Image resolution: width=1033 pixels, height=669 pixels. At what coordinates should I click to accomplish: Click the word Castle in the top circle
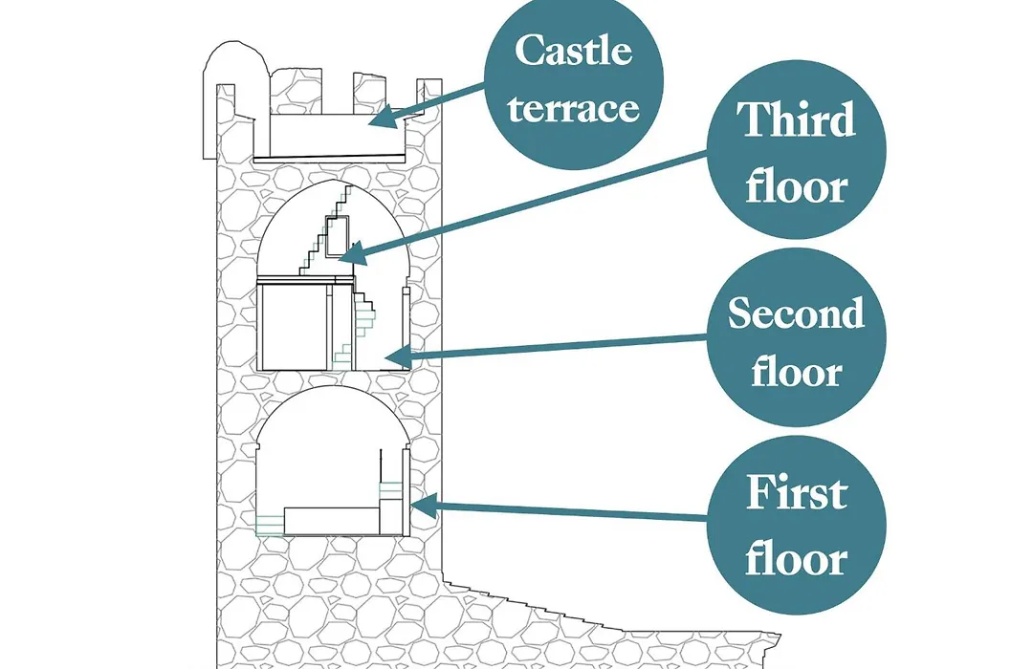pyautogui.click(x=573, y=50)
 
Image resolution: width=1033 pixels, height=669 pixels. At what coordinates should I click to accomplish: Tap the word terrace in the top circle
pyautogui.click(x=573, y=108)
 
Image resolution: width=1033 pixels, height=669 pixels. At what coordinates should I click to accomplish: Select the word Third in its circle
pyautogui.click(x=796, y=119)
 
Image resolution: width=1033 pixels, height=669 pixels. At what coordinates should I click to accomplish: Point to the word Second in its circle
pyautogui.click(x=796, y=313)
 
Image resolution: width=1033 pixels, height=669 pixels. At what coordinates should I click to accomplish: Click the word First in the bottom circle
pyautogui.click(x=796, y=492)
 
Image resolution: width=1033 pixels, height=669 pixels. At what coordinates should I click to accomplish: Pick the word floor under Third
pyautogui.click(x=796, y=186)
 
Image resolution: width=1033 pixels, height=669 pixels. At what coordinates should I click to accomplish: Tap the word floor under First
pyautogui.click(x=796, y=558)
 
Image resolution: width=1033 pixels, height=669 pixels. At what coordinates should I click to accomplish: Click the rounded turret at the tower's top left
pyautogui.click(x=235, y=98)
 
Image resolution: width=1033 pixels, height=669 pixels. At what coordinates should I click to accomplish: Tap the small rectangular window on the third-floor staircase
pyautogui.click(x=336, y=236)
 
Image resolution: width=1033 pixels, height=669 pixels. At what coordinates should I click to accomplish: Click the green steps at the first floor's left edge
pyautogui.click(x=269, y=525)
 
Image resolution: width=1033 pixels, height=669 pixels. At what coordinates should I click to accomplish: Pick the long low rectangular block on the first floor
pyautogui.click(x=331, y=520)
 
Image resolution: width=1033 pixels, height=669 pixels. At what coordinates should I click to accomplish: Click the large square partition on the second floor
pyautogui.click(x=295, y=327)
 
